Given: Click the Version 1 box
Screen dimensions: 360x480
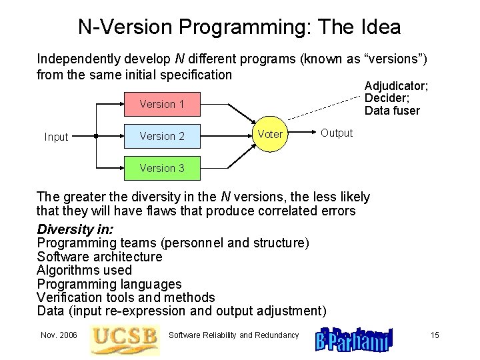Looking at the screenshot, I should coord(162,104).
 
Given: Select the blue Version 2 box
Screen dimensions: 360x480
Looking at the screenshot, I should coord(162,136).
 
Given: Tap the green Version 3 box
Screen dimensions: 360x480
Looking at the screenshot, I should coord(162,168).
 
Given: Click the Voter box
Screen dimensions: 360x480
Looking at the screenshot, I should coord(270,134).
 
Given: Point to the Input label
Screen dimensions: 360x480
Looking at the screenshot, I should coord(56,137).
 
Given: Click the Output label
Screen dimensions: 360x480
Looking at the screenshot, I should coord(337,133).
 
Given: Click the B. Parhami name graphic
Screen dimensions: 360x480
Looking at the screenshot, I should coord(354,339).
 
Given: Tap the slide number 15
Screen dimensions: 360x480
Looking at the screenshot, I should coord(435,335).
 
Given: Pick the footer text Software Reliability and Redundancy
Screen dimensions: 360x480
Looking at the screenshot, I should coord(233,335).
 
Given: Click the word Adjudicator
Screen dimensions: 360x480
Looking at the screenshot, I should coord(396,86).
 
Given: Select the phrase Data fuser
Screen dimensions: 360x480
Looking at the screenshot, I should coord(392,111).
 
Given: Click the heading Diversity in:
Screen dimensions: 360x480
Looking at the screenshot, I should coord(75,229).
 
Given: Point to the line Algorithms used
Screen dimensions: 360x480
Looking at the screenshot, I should coord(85,270).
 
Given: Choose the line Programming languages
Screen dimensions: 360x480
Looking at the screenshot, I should coord(109,284).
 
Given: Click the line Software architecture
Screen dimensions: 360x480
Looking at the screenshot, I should coord(100,257).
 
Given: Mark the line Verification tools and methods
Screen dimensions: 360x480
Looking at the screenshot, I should coord(126,297).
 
